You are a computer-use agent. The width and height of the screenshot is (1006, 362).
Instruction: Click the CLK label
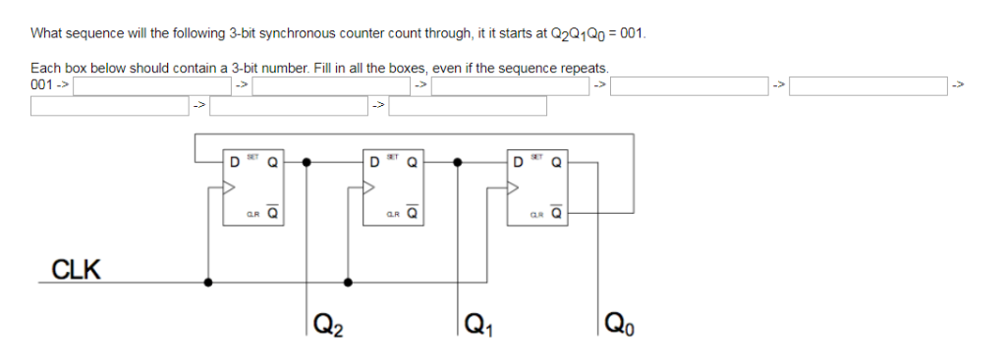[x=75, y=270]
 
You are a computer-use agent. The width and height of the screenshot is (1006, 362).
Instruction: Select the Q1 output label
[x=476, y=322]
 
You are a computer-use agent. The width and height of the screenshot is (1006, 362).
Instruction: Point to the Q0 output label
[x=621, y=322]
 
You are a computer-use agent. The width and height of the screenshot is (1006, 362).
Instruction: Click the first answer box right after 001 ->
[x=151, y=85]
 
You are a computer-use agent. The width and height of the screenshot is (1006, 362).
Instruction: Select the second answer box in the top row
[x=331, y=85]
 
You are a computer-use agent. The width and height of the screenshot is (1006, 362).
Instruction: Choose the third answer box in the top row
[x=510, y=85]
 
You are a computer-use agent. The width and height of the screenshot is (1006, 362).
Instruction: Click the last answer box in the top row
[x=868, y=85]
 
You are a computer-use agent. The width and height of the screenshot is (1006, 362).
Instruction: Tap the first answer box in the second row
[x=109, y=105]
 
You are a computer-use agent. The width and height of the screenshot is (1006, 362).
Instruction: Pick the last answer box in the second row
[x=469, y=105]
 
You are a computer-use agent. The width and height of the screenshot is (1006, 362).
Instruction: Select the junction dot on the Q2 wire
[x=308, y=163]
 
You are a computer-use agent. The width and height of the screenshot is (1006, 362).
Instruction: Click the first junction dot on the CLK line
[x=207, y=282]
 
